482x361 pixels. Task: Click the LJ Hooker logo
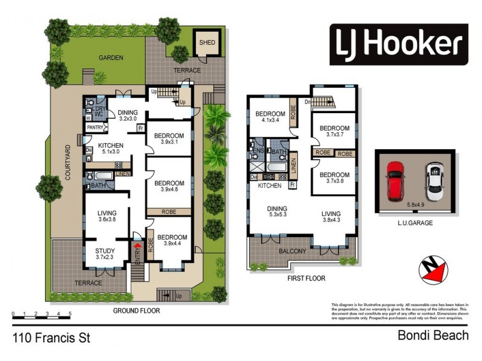click(398, 45)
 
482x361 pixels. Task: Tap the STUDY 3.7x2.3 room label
click(108, 255)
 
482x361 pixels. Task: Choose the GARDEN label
click(111, 58)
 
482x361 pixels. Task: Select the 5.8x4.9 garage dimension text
click(416, 203)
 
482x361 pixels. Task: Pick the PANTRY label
click(95, 128)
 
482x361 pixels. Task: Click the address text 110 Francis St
click(51, 338)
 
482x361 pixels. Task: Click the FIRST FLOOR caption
click(307, 278)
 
